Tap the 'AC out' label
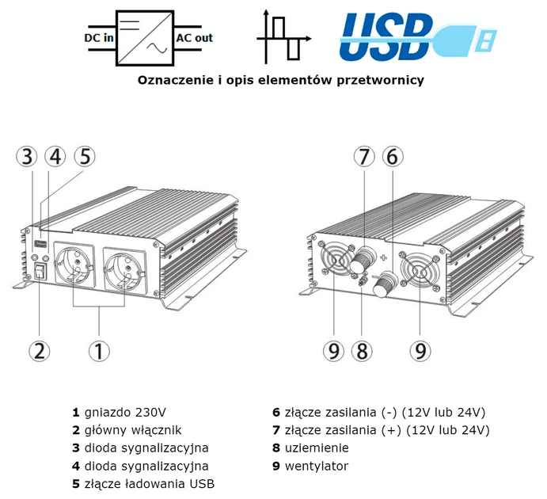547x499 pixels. point(194,37)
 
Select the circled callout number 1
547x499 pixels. point(98,350)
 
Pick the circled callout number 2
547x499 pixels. point(40,350)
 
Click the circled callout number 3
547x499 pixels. point(28,157)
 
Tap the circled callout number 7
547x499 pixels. point(363,157)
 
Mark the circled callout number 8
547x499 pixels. point(362,350)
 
